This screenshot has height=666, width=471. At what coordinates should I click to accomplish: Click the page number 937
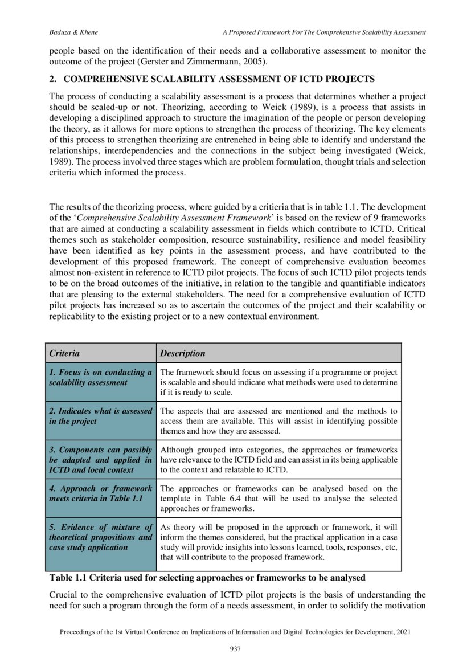click(235, 649)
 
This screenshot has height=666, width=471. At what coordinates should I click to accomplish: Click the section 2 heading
click(212, 78)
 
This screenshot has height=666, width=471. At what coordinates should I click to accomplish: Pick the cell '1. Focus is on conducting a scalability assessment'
click(100, 378)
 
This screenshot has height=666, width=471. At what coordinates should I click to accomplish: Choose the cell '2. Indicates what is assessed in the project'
click(100, 416)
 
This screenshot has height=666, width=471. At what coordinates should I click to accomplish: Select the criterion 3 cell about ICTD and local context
click(100, 459)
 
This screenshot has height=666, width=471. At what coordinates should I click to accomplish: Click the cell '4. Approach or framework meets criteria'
click(100, 493)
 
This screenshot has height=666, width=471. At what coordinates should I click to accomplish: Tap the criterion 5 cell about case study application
click(100, 537)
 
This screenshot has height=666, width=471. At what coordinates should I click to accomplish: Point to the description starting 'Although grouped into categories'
click(278, 459)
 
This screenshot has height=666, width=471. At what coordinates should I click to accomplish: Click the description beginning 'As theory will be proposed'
click(278, 542)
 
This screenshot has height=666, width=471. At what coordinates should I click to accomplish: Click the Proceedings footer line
click(235, 632)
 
